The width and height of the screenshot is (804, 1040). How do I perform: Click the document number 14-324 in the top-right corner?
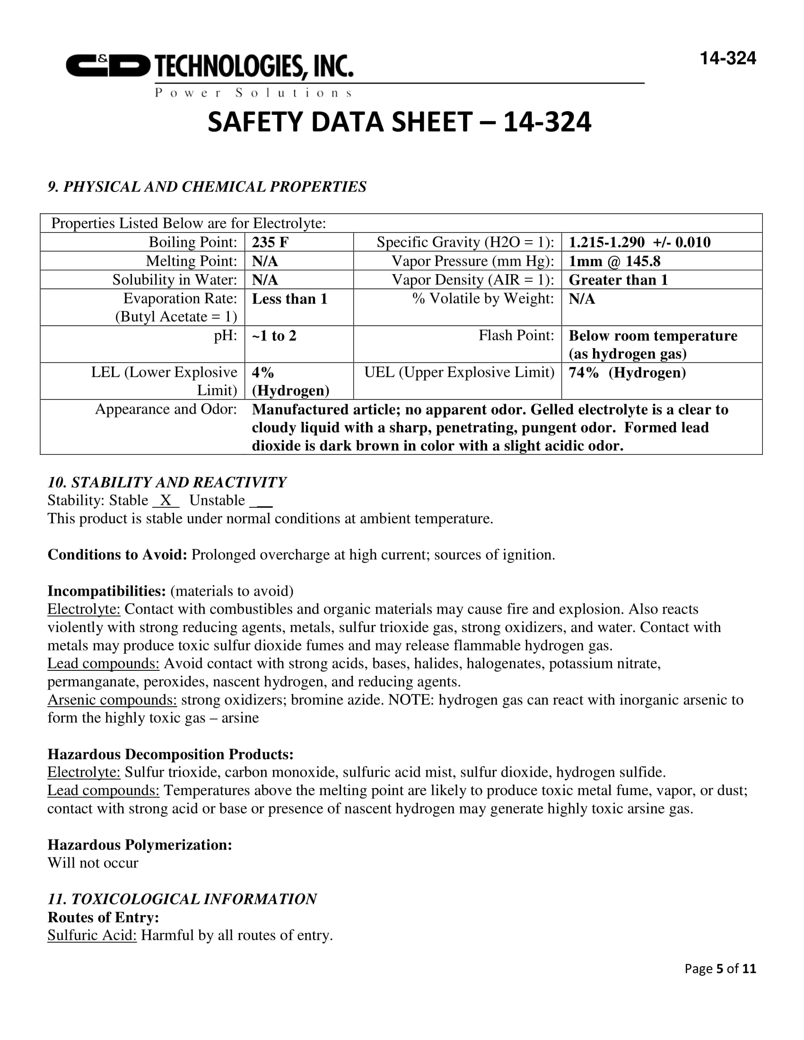click(727, 59)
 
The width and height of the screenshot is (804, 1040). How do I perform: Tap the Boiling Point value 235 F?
click(270, 243)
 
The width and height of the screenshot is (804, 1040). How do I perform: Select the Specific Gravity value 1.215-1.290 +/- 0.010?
click(639, 243)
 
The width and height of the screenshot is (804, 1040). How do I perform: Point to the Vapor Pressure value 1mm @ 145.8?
click(614, 261)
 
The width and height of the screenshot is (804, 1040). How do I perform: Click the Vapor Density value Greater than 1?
click(618, 280)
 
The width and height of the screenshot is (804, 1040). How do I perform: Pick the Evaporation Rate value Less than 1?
click(289, 299)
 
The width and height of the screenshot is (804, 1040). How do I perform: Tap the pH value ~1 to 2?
click(274, 336)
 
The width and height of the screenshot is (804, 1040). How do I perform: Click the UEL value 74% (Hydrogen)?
click(627, 373)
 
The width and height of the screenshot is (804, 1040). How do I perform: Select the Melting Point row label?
click(191, 261)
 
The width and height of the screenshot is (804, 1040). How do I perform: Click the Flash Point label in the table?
click(516, 335)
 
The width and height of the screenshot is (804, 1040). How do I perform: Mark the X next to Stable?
click(165, 500)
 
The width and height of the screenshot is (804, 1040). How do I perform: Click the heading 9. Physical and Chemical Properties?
click(207, 187)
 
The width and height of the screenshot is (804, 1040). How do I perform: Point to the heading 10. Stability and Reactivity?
click(166, 482)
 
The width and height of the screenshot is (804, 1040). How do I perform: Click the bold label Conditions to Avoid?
click(117, 555)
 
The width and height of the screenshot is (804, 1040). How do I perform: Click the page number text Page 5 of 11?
click(720, 968)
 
